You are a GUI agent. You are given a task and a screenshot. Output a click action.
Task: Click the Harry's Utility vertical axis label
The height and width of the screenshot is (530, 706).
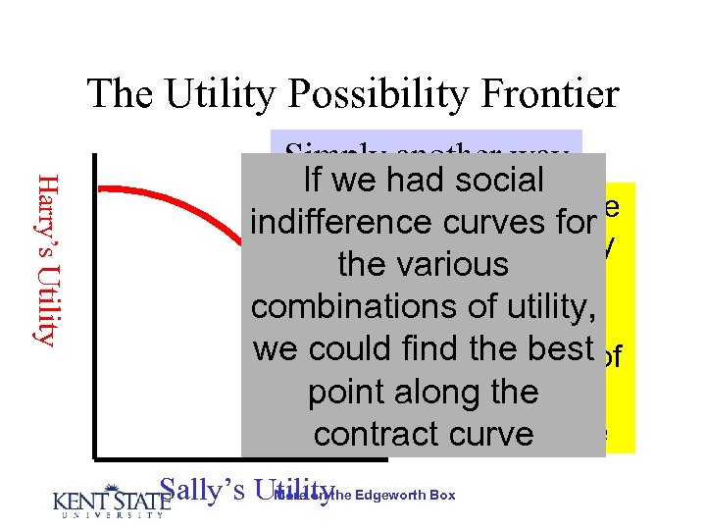tap(45, 257)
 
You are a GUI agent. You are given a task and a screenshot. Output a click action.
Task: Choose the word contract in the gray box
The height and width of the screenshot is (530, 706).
tap(375, 434)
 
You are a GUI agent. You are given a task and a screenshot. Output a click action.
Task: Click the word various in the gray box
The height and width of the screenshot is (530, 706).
tap(466, 264)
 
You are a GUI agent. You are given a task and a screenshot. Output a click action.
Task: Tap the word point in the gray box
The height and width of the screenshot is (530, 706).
tap(348, 392)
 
